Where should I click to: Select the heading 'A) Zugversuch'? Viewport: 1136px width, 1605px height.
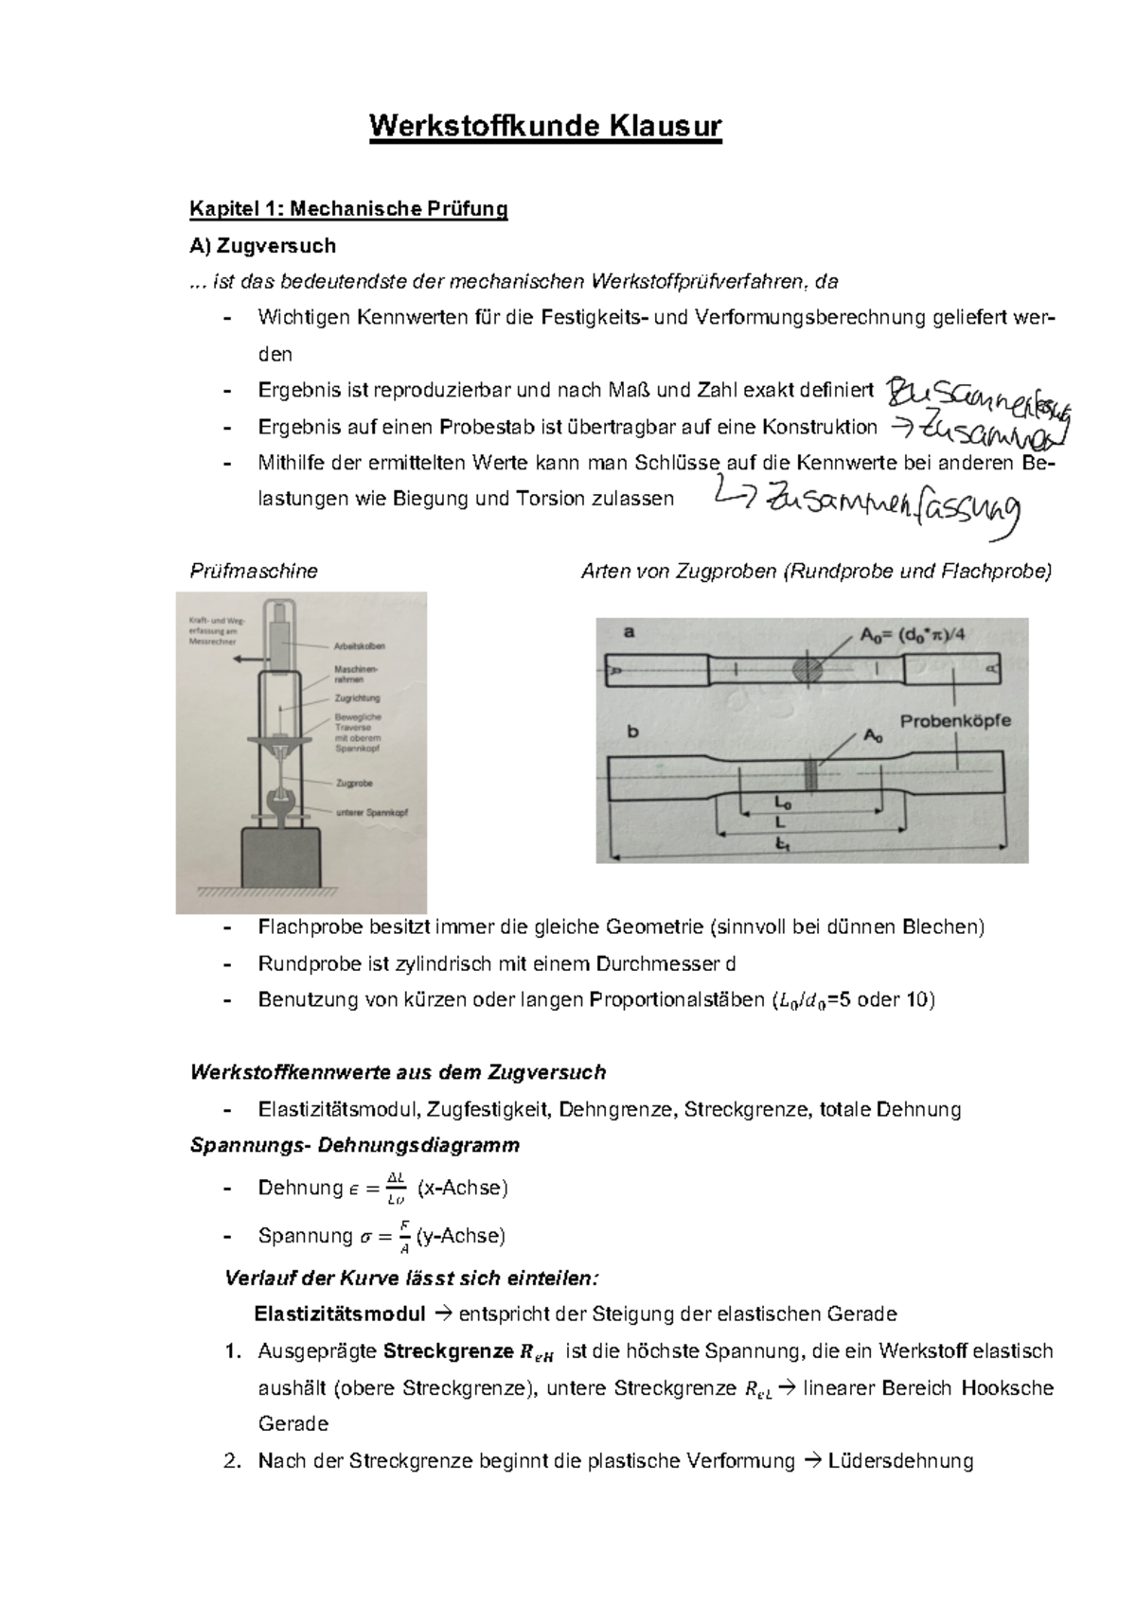(262, 246)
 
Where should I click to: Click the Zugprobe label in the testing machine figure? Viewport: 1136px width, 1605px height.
(355, 783)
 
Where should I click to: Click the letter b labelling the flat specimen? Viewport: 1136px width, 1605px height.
(633, 732)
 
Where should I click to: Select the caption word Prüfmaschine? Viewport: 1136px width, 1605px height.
(254, 571)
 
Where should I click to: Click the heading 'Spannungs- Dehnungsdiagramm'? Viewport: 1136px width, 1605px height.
(354, 1145)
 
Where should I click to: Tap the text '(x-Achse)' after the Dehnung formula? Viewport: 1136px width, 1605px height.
(462, 1188)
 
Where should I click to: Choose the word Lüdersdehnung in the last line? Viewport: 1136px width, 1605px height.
(900, 1460)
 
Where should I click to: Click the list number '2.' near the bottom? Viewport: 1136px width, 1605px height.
(233, 1460)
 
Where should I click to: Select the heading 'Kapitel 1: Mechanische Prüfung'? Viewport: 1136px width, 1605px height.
(348, 208)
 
